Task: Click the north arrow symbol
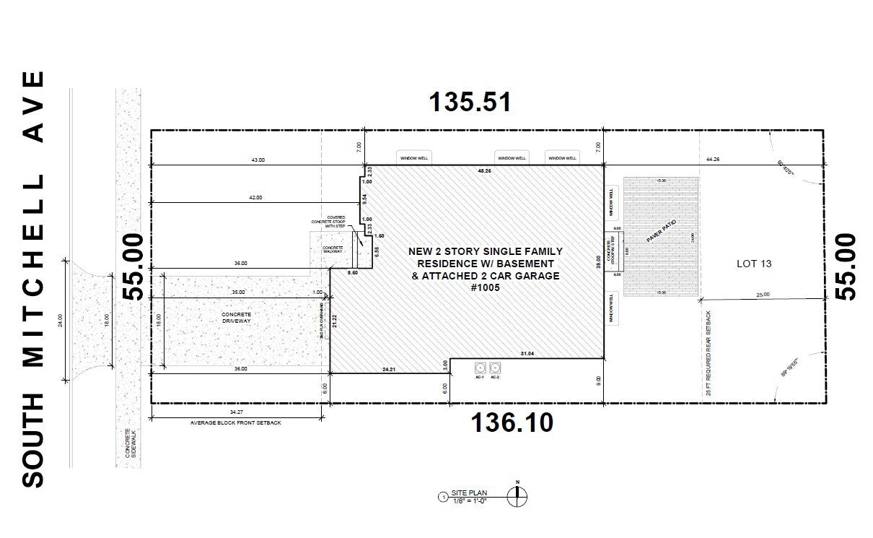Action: [x=517, y=495]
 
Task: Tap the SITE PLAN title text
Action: [x=469, y=493]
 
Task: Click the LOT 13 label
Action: [x=753, y=264]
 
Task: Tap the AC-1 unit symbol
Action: [x=479, y=368]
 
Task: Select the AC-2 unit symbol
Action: [x=495, y=368]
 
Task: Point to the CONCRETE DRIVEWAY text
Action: [x=237, y=318]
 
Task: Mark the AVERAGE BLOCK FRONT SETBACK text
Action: [x=235, y=422]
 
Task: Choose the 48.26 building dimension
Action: [x=484, y=171]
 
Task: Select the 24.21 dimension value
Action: [x=389, y=369]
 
